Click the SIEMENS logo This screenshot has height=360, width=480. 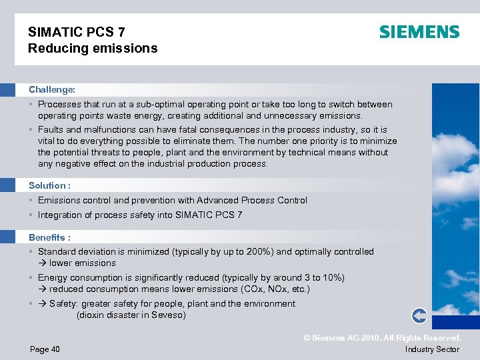419,32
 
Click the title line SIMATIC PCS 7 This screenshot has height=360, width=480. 76,32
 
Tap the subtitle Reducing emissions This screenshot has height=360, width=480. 93,48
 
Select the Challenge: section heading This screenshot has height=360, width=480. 52,89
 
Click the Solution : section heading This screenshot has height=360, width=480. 49,185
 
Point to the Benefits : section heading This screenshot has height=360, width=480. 49,237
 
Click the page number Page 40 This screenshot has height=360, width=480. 45,349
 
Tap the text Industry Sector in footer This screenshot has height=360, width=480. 432,349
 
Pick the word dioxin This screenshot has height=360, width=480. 93,315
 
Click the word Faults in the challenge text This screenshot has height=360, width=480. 50,129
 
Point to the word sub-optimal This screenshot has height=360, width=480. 145,104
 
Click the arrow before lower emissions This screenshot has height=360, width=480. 42,263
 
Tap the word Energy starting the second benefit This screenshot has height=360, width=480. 53,277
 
